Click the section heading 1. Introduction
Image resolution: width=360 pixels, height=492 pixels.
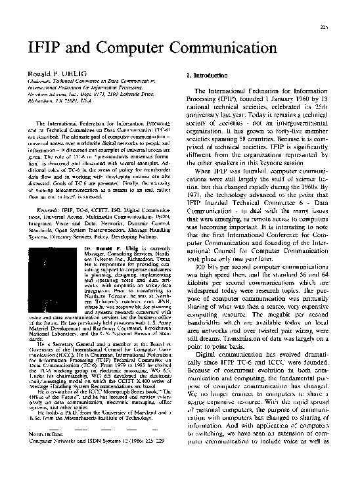[x=208, y=76]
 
